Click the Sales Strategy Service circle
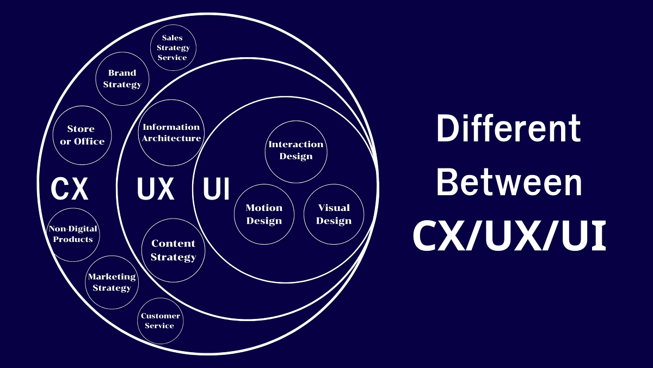(172, 48)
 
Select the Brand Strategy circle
(122, 79)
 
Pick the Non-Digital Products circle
(73, 234)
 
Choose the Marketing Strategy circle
(112, 282)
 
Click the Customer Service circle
(160, 321)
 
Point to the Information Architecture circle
(171, 132)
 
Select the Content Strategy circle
(173, 250)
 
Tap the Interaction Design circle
(296, 150)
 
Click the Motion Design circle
(264, 214)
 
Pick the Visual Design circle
(334, 214)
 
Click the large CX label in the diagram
(70, 189)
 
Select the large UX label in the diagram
(155, 189)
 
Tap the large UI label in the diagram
(216, 189)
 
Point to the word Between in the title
(509, 183)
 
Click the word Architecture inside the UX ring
(171, 138)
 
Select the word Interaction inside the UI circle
(296, 144)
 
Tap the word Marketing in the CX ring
(112, 277)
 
